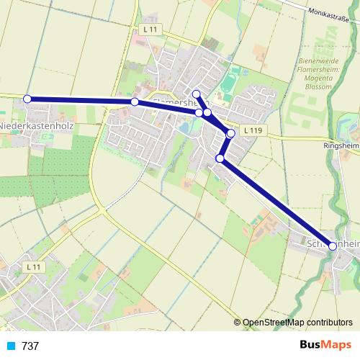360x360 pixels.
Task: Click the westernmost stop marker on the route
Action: [x=27, y=99]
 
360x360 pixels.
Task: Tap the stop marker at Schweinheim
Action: [x=333, y=246]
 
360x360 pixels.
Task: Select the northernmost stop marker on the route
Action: [x=196, y=94]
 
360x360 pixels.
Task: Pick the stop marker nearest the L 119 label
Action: [x=230, y=133]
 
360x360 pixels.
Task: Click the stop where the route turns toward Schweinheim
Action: [x=220, y=158]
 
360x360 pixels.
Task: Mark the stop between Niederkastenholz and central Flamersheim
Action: [x=135, y=102]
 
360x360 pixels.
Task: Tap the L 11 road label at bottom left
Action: [x=32, y=266]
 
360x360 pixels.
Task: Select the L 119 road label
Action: [x=252, y=130]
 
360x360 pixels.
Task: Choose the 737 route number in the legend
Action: [x=30, y=346]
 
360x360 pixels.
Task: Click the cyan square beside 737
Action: [x=12, y=346]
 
